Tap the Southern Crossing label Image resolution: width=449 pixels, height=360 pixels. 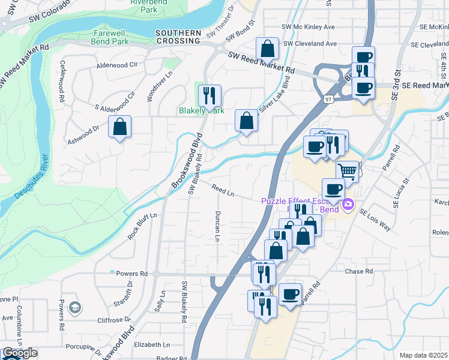coord(177,37)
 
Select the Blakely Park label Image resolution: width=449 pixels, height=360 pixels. coord(201,110)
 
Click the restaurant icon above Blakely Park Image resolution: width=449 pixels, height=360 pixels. coord(209,95)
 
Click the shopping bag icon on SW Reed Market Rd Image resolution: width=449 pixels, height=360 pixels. coord(267,48)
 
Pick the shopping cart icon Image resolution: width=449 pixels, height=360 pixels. coord(348,171)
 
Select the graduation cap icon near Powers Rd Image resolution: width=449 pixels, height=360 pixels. coord(75,308)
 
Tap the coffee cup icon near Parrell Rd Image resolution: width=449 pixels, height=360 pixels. coord(291,294)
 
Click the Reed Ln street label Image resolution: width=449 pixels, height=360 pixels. coord(222,190)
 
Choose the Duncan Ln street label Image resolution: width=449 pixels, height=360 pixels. coord(217,227)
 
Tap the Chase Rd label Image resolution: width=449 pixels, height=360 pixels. coord(359,271)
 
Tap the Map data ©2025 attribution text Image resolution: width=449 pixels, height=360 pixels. coord(423,355)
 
